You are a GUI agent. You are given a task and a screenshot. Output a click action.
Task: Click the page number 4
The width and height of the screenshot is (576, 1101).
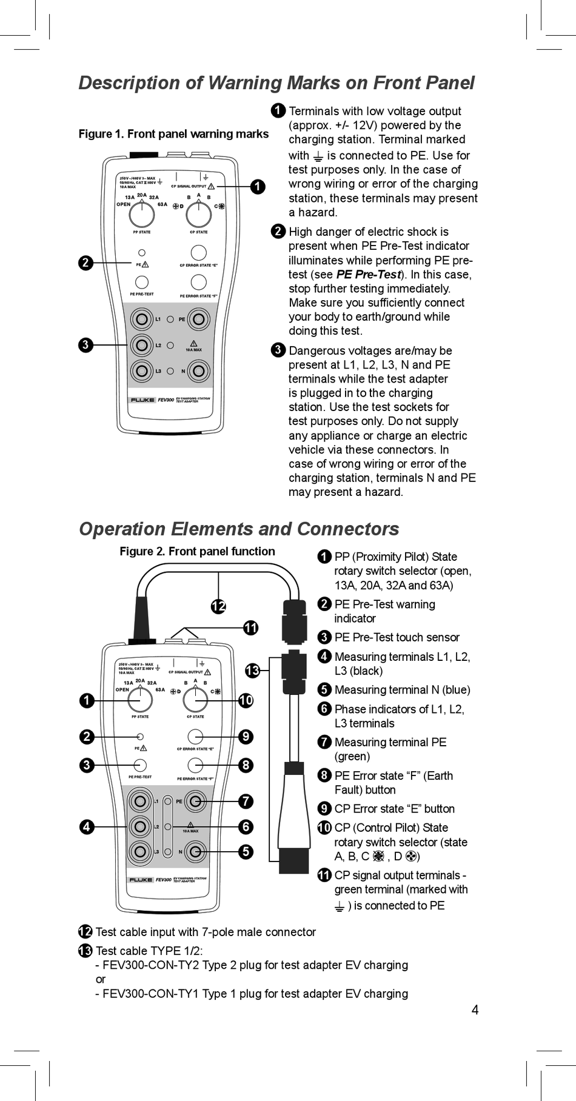475,1009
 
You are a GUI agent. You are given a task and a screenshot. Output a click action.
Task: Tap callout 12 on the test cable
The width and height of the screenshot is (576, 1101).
218,606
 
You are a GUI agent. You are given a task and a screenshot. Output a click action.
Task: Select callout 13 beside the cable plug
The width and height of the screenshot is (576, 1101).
252,671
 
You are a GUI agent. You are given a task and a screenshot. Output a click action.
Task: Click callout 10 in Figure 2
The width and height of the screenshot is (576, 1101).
246,701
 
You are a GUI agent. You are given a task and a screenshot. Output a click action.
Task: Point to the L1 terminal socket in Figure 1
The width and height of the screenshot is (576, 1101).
142,319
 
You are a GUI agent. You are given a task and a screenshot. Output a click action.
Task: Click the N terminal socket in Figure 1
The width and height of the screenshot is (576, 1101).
198,370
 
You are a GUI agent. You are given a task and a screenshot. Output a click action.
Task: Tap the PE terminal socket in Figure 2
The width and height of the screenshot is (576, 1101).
195,801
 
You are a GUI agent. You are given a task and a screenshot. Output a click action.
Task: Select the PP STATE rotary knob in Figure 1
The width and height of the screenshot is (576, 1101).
142,214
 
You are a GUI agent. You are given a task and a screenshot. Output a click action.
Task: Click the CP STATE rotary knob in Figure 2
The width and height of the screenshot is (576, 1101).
195,700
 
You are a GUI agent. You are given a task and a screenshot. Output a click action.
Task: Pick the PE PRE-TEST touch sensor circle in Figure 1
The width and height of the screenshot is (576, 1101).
142,282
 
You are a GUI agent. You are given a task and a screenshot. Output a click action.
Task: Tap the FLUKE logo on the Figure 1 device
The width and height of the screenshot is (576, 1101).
142,400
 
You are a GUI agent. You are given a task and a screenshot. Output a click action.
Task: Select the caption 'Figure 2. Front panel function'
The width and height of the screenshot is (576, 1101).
197,551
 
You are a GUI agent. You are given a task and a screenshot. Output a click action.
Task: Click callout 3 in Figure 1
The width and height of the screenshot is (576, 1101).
86,345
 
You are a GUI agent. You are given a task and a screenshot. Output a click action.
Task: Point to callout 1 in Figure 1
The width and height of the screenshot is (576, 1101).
258,187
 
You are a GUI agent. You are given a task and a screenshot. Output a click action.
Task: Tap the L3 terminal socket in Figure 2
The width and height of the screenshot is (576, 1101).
140,852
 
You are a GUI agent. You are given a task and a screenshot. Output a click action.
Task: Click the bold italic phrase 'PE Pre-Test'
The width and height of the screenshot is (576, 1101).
369,274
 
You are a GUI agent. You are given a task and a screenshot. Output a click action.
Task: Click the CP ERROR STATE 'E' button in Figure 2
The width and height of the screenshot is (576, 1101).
195,737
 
